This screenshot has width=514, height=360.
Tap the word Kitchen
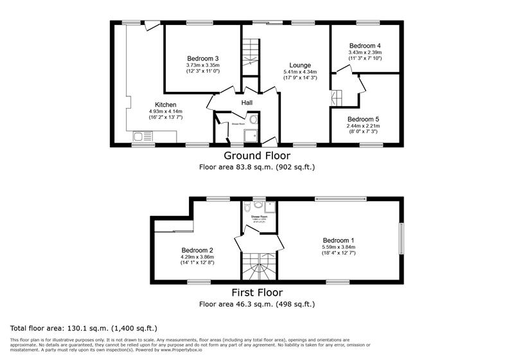pyautogui.click(x=165, y=105)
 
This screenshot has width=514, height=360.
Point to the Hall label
pyautogui.click(x=247, y=103)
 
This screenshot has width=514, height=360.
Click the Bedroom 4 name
pyautogui.click(x=364, y=46)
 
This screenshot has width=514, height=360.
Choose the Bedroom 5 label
pyautogui.click(x=364, y=119)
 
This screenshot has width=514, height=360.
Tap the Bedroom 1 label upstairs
pyautogui.click(x=339, y=240)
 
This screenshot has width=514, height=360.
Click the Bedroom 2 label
pyautogui.click(x=197, y=250)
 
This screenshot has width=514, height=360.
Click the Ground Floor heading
pyautogui.click(x=256, y=156)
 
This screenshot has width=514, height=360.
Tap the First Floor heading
pyautogui.click(x=257, y=292)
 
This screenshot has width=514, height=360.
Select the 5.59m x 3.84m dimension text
pyautogui.click(x=339, y=247)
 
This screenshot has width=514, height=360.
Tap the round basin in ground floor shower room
pyautogui.click(x=254, y=120)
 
